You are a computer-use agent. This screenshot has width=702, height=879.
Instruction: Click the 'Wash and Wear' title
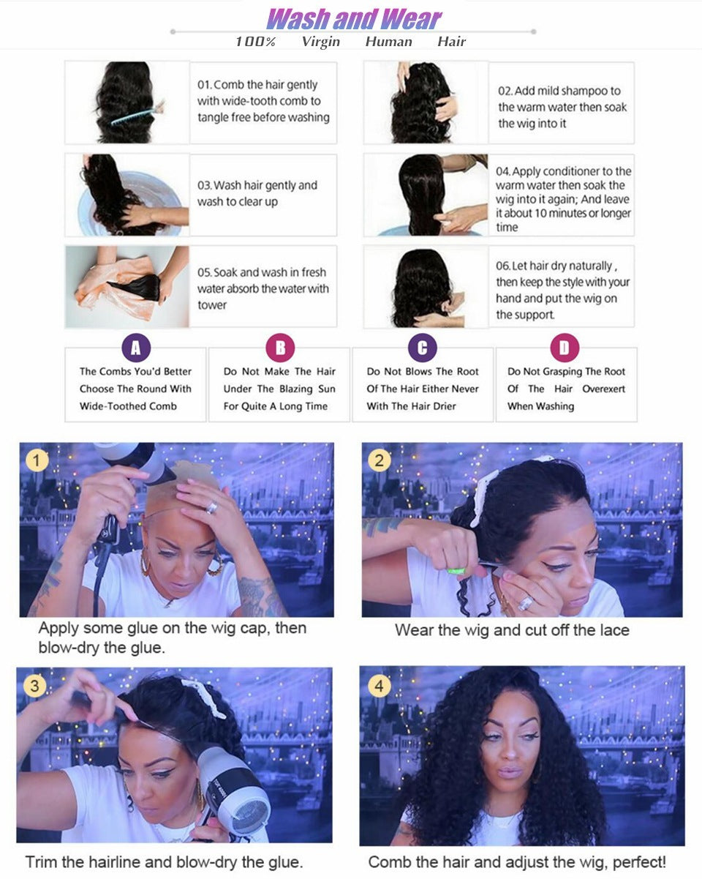354,18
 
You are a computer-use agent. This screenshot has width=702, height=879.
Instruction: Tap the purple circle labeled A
135,348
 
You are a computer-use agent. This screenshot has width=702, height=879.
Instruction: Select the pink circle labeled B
279,348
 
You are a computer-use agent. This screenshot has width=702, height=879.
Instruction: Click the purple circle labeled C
423,348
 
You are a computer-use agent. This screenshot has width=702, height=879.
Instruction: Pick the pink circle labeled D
565,348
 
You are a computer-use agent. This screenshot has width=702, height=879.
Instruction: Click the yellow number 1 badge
36,460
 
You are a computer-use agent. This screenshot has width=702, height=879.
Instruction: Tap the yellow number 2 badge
378,460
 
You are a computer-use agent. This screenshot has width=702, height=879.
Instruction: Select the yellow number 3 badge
34,686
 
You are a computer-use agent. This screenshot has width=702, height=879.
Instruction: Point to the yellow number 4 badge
378,687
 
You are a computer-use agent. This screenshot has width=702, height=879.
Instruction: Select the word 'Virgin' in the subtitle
320,42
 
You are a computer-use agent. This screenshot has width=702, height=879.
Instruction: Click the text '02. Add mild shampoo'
559,91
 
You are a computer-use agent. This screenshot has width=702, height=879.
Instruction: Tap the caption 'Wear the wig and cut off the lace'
512,630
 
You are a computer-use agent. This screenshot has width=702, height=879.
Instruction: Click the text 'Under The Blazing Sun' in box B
279,389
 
